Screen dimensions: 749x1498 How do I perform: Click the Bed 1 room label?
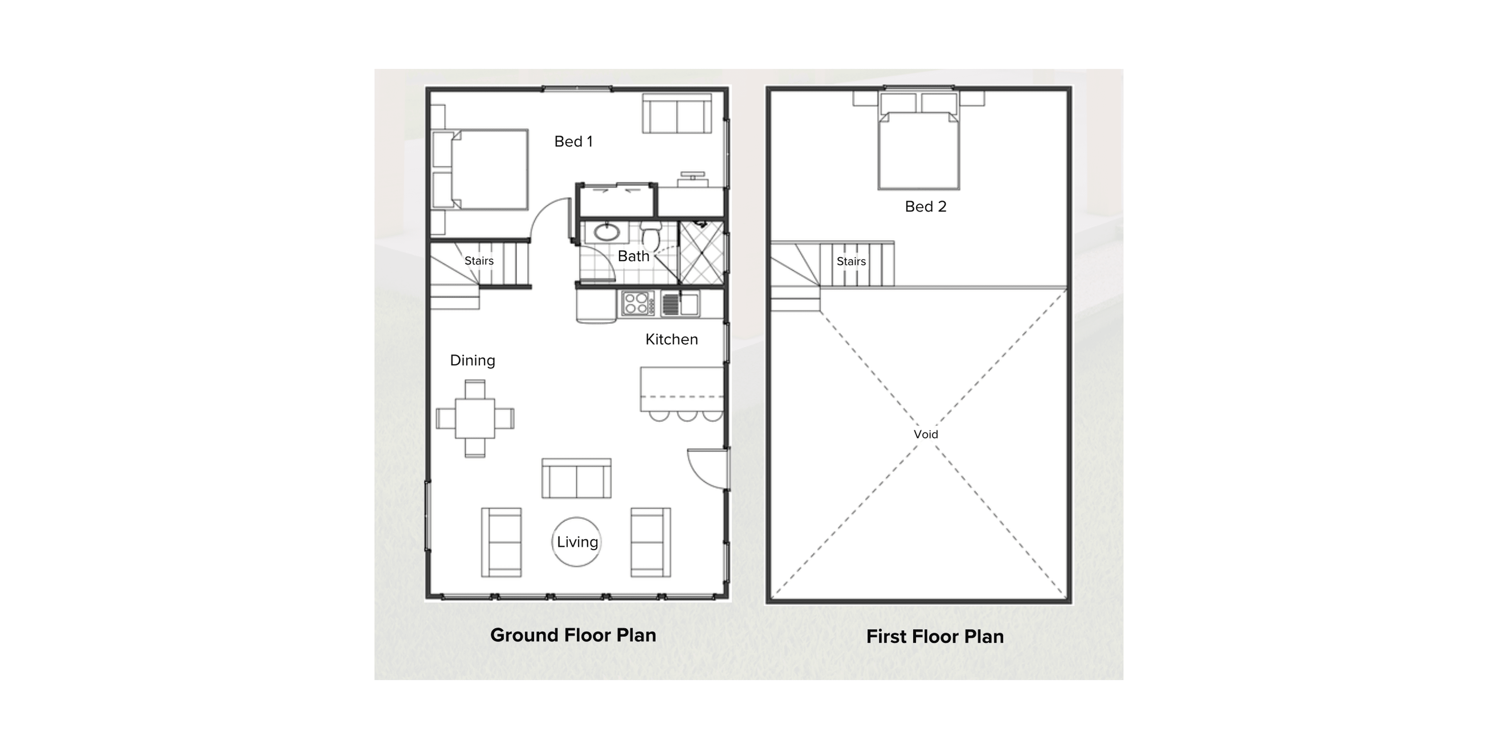[x=573, y=141]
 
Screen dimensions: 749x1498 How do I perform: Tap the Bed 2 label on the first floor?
[x=925, y=206]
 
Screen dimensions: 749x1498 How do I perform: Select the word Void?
[x=925, y=435]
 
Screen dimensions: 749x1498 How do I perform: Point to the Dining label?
[x=472, y=360]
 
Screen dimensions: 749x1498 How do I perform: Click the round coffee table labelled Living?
[x=576, y=542]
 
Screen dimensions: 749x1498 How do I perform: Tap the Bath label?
[x=633, y=256]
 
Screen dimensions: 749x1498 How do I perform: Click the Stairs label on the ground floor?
[x=479, y=261]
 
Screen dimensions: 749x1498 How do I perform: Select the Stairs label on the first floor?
[x=851, y=262]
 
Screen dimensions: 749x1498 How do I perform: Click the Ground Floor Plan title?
[x=573, y=635]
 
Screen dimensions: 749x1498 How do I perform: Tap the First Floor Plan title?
[x=935, y=637]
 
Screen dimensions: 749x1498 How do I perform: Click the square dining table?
[x=474, y=418]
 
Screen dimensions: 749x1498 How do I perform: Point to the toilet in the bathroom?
[x=651, y=236]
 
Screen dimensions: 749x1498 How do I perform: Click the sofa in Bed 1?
[x=677, y=115]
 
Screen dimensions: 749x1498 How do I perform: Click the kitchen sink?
[x=689, y=304]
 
